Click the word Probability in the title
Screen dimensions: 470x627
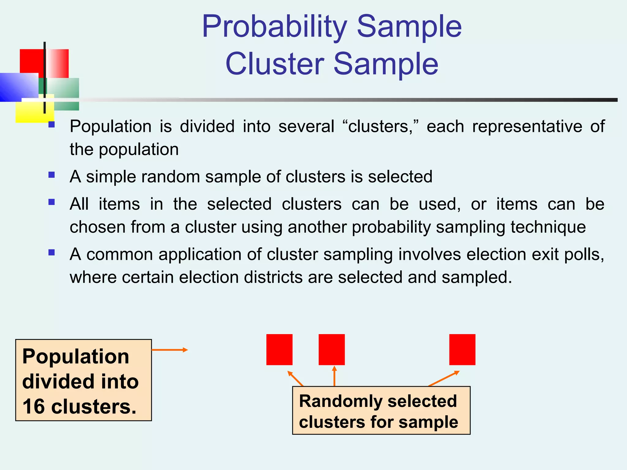pyautogui.click(x=274, y=27)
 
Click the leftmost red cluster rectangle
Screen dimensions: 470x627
pyautogui.click(x=279, y=349)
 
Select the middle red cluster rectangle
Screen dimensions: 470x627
pyautogui.click(x=332, y=349)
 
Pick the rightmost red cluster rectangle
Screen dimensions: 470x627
pyautogui.click(x=462, y=349)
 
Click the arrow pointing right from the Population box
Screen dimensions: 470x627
pyautogui.click(x=170, y=350)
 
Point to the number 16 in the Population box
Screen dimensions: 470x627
pyautogui.click(x=34, y=407)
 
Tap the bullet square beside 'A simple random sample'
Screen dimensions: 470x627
pyautogui.click(x=51, y=175)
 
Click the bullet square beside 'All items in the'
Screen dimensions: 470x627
pyautogui.click(x=51, y=202)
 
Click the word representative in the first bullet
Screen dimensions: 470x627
pyautogui.click(x=527, y=127)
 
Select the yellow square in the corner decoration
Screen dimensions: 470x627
pyautogui.click(x=31, y=113)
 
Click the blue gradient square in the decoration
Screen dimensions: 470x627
pyautogui.click(x=18, y=87)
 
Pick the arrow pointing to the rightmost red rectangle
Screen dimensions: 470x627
pyautogui.click(x=444, y=379)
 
